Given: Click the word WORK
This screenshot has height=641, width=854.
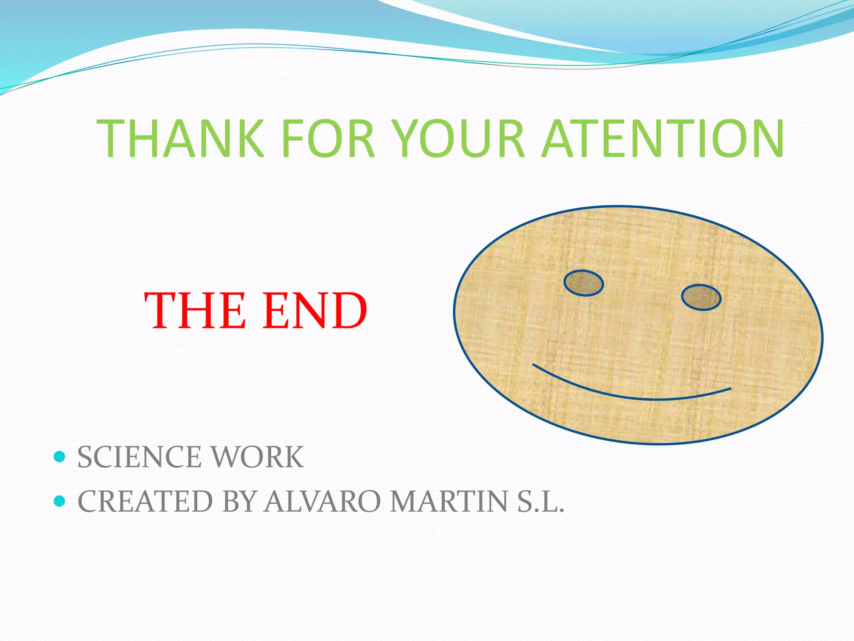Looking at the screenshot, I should [258, 457].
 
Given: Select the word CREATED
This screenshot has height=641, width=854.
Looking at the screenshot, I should [145, 501].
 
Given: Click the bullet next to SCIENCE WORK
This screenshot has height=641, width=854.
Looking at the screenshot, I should [60, 457].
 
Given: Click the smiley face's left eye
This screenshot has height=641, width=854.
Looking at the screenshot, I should [583, 283].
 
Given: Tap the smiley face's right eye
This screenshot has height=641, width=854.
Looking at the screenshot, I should [701, 298].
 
